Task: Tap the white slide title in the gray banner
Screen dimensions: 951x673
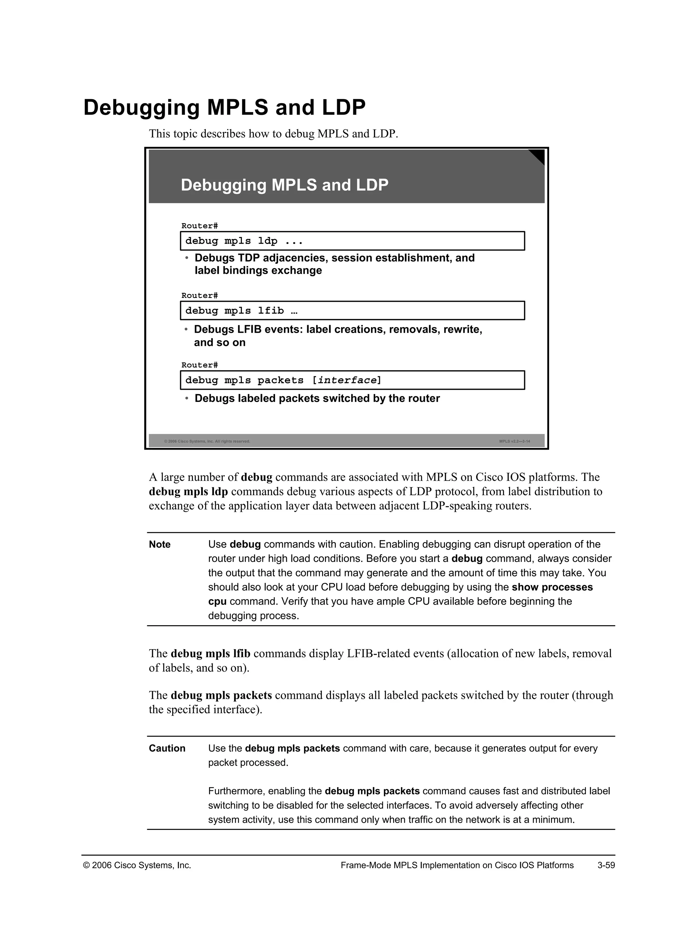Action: [284, 185]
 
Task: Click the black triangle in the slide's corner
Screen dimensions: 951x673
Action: [538, 156]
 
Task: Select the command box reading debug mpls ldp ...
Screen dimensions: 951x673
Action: [352, 241]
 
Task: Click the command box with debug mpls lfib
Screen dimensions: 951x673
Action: [352, 310]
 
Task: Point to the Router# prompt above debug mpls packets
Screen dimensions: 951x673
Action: [199, 365]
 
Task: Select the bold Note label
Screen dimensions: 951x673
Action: [160, 544]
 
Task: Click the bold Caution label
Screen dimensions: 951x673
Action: [167, 748]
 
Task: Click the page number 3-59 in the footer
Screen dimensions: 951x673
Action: [606, 865]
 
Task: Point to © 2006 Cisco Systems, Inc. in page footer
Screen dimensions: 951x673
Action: [137, 865]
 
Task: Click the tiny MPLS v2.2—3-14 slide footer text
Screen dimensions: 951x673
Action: [514, 441]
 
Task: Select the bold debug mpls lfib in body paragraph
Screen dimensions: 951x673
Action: [211, 653]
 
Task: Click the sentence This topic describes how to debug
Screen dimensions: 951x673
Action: [273, 134]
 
